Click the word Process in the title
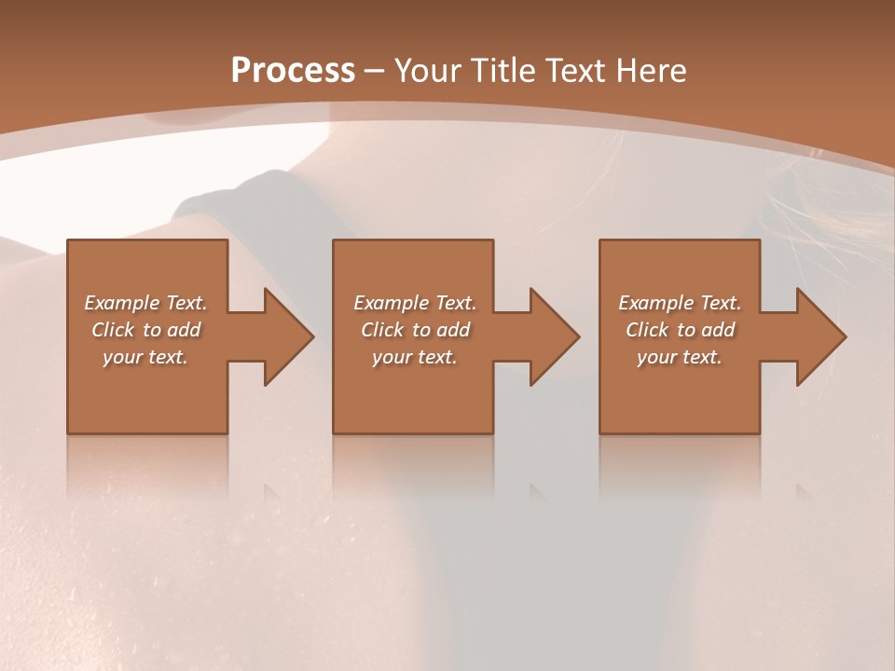click(293, 71)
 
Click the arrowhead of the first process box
click(288, 336)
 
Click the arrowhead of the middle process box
click(554, 336)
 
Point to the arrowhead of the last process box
click(820, 336)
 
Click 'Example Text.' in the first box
click(145, 303)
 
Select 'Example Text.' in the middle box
click(415, 303)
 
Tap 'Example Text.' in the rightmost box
click(680, 303)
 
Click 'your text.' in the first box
click(145, 357)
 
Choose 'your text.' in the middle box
click(415, 357)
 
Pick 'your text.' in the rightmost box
click(680, 357)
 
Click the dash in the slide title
click(375, 72)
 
